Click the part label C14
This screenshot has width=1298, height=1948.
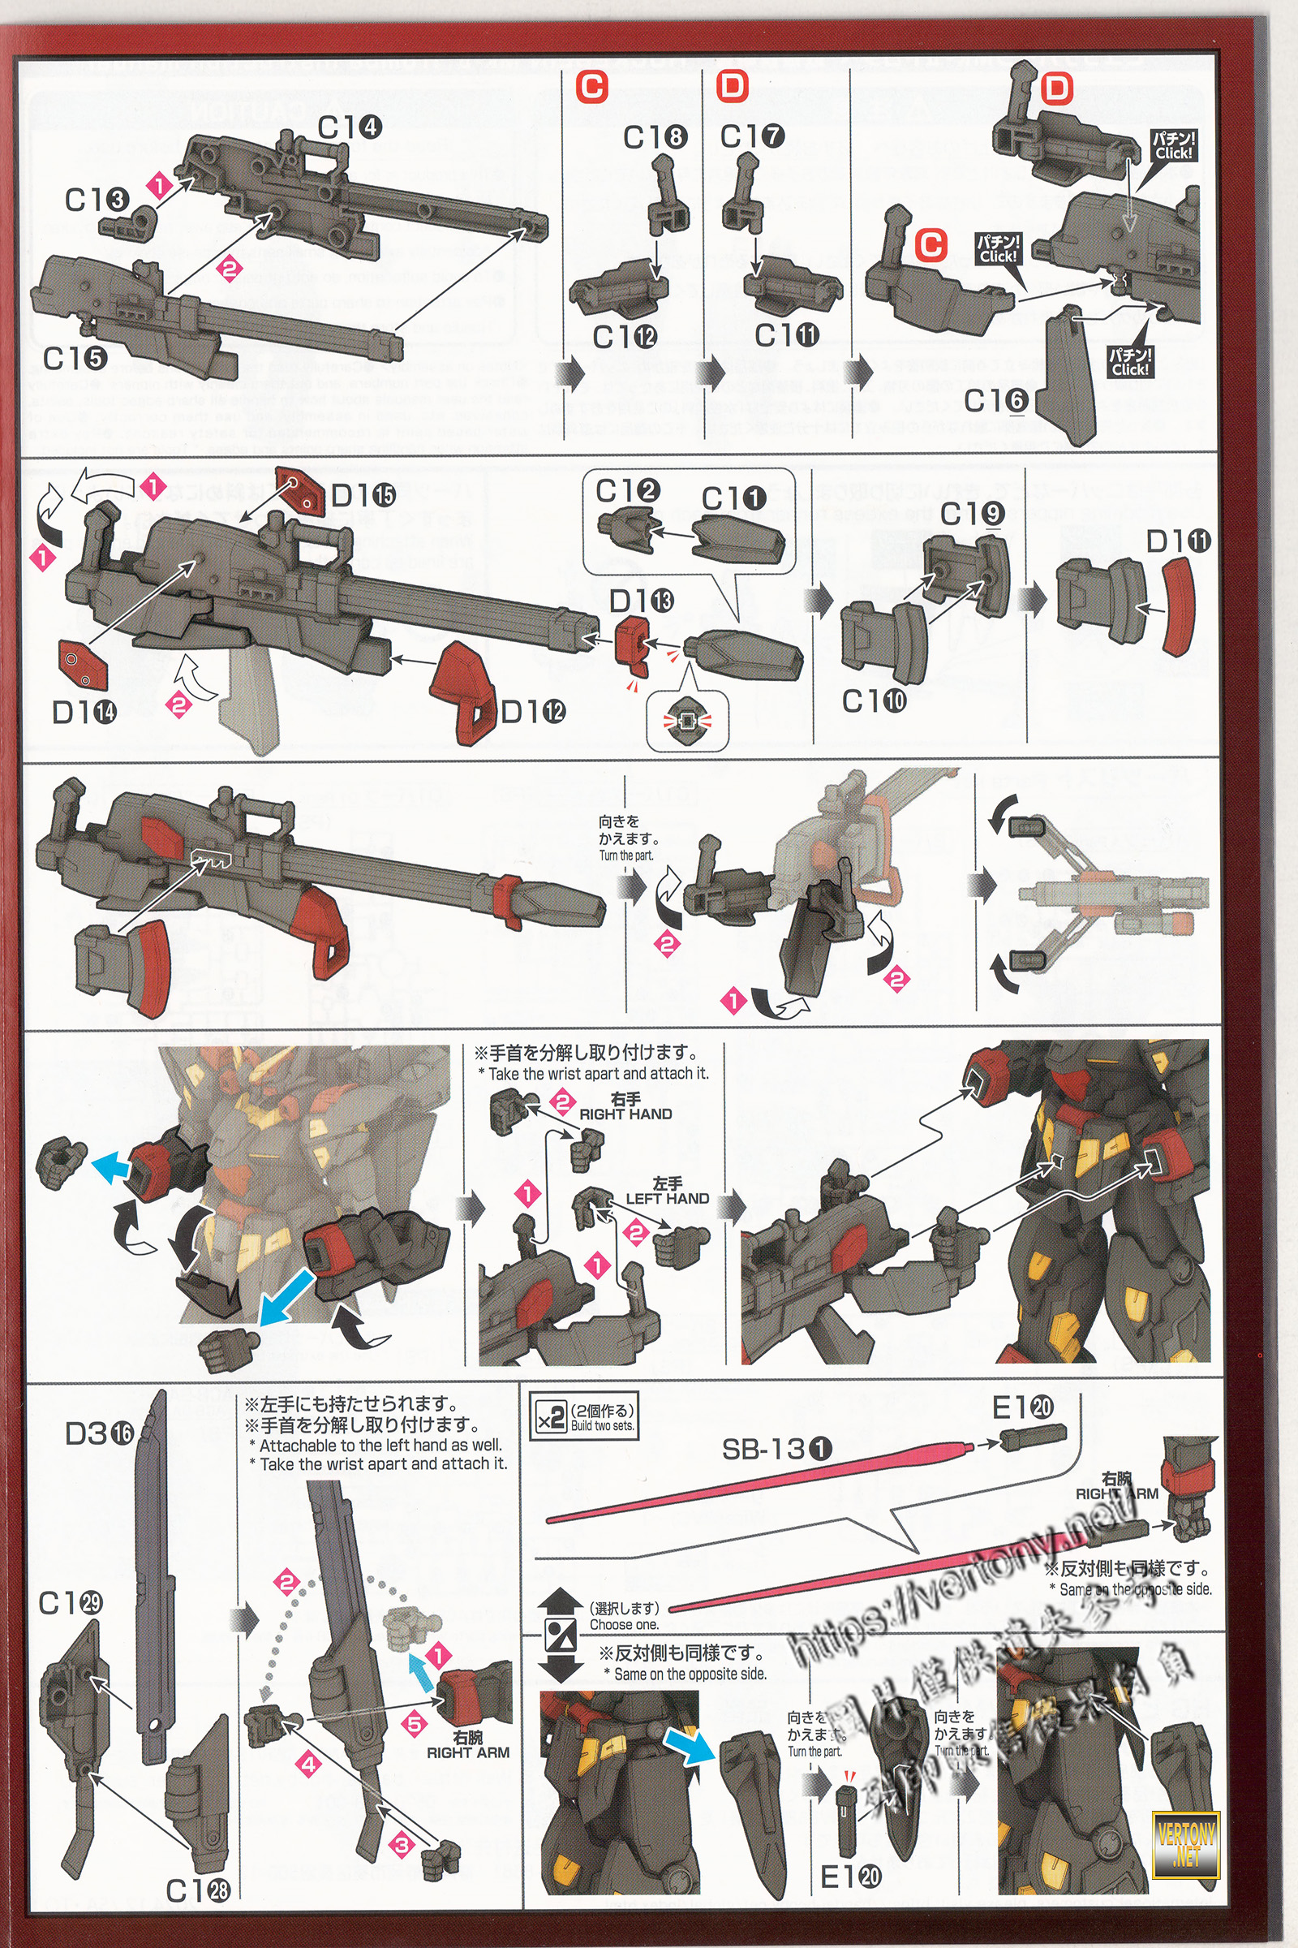pyautogui.click(x=350, y=127)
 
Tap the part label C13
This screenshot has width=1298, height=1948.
pyautogui.click(x=97, y=200)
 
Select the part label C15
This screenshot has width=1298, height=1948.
pyautogui.click(x=75, y=359)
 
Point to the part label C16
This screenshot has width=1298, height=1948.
pyautogui.click(x=996, y=401)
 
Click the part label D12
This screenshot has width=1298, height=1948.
pyautogui.click(x=534, y=711)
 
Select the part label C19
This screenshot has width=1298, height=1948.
pyautogui.click(x=973, y=514)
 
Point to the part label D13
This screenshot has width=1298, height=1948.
pyautogui.click(x=642, y=601)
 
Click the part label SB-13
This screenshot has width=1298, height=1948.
pyautogui.click(x=776, y=1449)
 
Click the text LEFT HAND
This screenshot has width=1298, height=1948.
pyautogui.click(x=667, y=1199)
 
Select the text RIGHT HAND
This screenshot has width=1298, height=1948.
pyautogui.click(x=625, y=1114)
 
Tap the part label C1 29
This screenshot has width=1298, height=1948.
pyautogui.click(x=71, y=1604)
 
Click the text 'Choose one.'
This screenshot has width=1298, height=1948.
pyautogui.click(x=624, y=1624)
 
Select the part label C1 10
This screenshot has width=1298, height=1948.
pyautogui.click(x=875, y=701)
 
